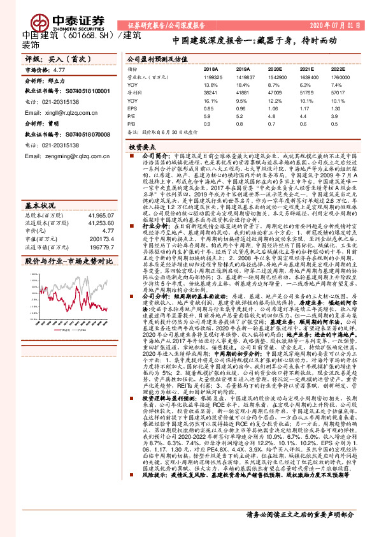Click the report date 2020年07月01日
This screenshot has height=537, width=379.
pyautogui.click(x=336, y=27)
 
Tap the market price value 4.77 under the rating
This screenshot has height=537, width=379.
pyautogui.click(x=60, y=70)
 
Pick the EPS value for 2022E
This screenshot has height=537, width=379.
pyautogui.click(x=338, y=108)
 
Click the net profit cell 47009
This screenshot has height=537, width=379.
pyautogui.click(x=275, y=92)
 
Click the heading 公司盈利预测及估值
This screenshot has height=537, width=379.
pyautogui.click(x=156, y=57)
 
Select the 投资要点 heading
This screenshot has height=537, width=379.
pyautogui.click(x=141, y=146)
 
